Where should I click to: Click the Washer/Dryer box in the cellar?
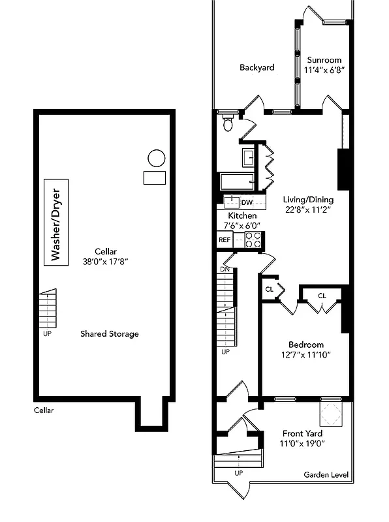55,223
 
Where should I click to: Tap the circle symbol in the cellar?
156,158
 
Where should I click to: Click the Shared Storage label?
109,333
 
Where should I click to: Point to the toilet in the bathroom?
227,123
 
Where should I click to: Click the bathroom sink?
248,157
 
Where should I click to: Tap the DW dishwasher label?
247,202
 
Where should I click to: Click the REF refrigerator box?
225,239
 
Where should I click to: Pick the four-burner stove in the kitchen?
253,239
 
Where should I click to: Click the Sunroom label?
324,59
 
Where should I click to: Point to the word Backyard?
256,67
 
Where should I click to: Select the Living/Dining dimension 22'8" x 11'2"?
308,210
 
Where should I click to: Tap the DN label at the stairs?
225,269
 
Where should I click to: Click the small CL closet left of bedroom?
269,289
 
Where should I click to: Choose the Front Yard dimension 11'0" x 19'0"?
302,444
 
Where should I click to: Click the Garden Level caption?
326,475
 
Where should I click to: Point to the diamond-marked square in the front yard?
330,412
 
